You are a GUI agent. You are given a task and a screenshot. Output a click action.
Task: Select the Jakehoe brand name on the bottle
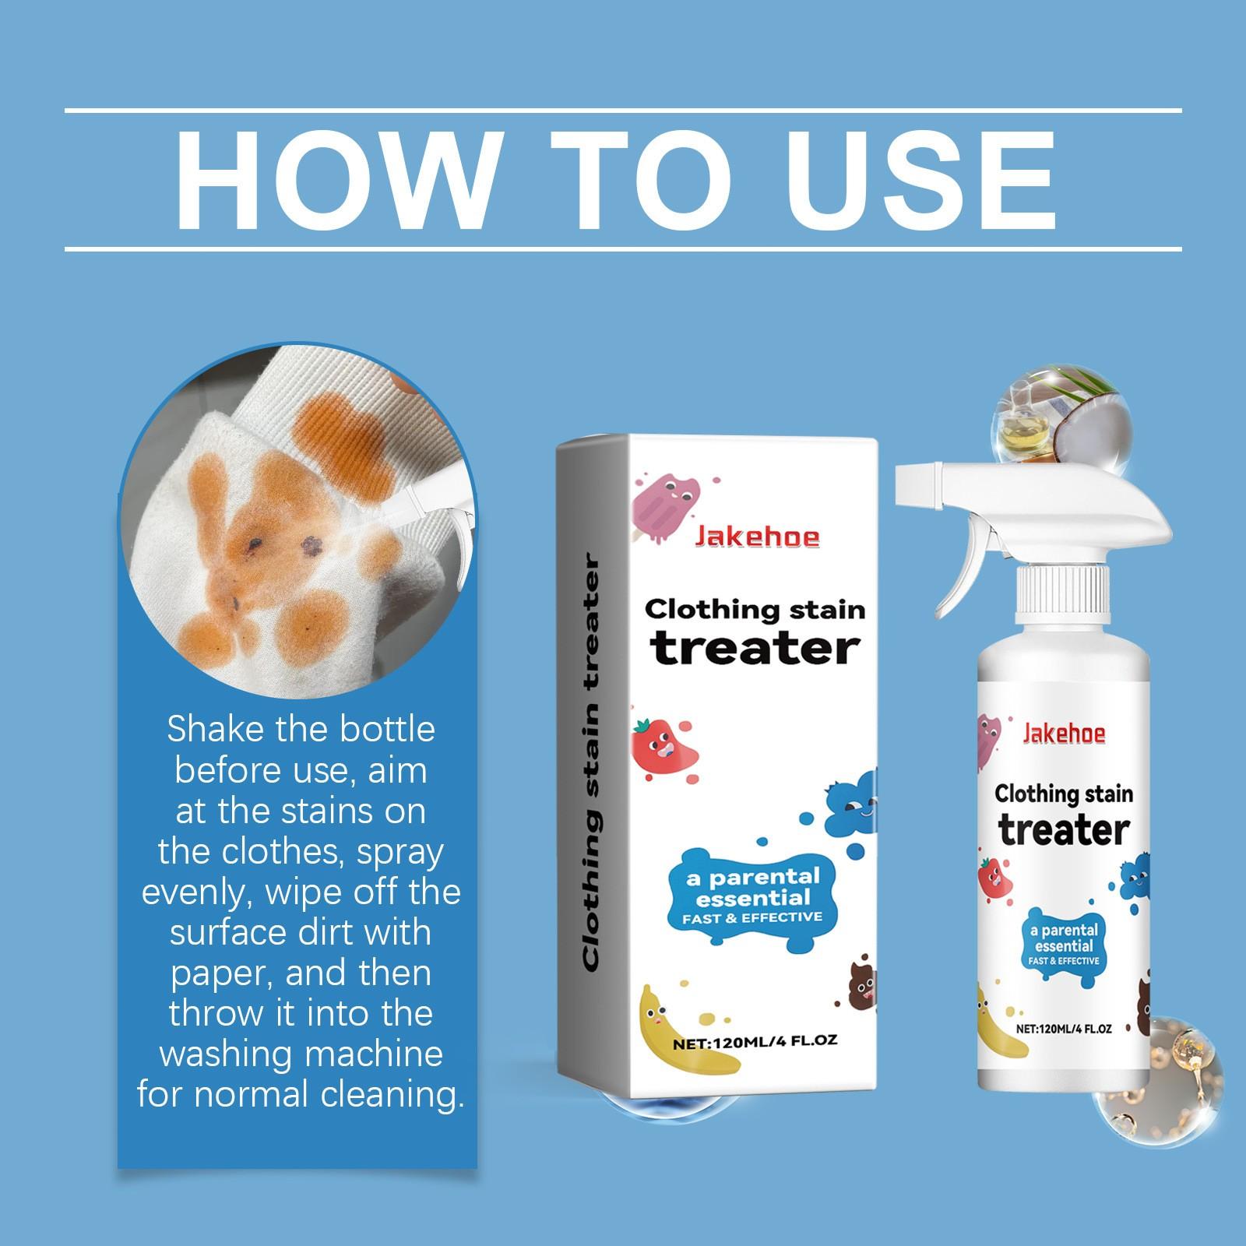pos(1064,734)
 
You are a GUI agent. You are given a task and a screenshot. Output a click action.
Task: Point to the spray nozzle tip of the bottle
pos(906,484)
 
